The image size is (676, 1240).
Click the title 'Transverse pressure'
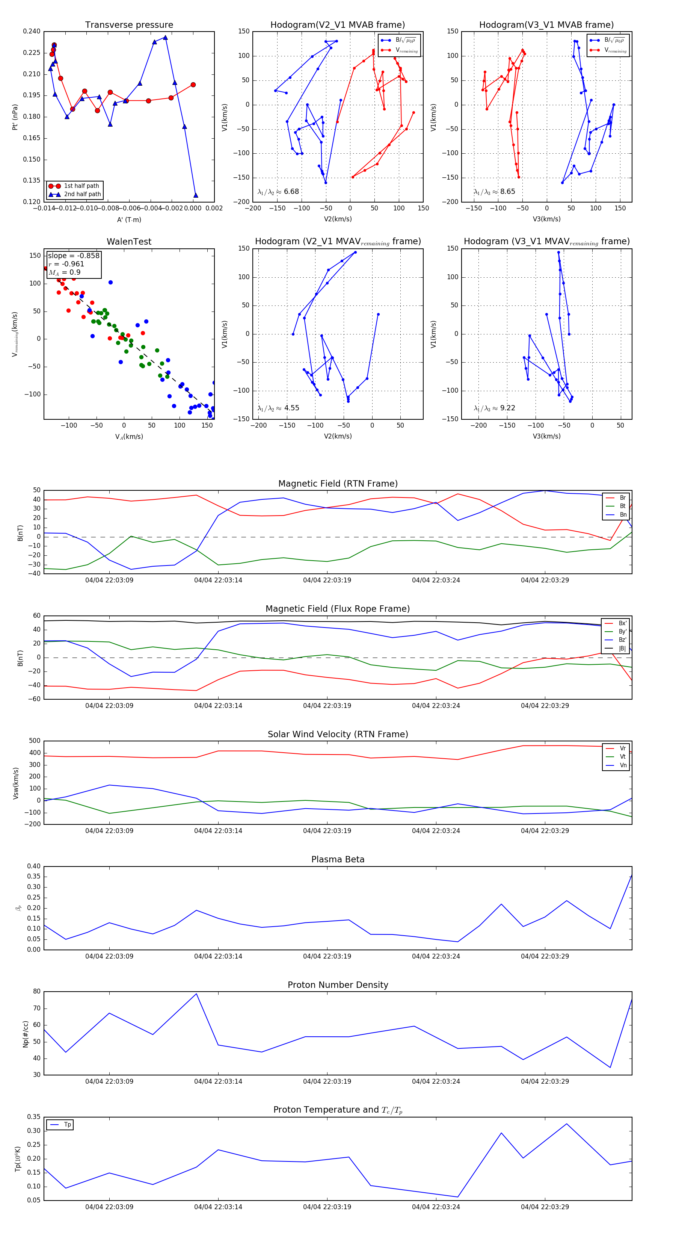[129, 25]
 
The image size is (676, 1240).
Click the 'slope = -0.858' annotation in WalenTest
[74, 256]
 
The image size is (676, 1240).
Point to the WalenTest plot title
[129, 242]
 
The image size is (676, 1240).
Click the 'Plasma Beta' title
[338, 859]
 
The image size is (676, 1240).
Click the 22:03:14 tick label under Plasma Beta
[218, 956]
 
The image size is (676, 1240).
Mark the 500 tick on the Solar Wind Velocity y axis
[35, 741]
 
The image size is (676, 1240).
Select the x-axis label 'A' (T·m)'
[129, 219]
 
